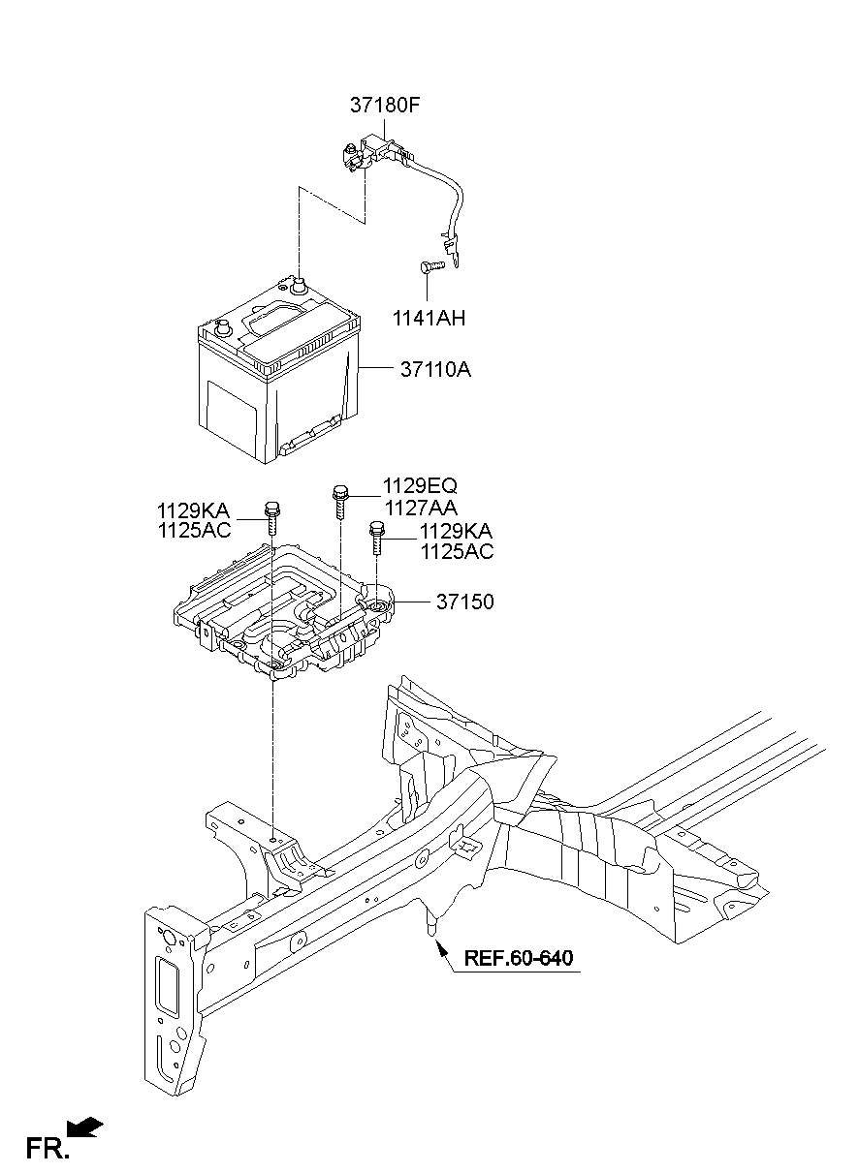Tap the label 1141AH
tap(429, 317)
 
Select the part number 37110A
tap(435, 370)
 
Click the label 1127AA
tap(420, 507)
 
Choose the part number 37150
tap(464, 602)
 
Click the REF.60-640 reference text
tap(519, 959)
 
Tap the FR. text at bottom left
tap(48, 1149)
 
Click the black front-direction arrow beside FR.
tap(87, 1127)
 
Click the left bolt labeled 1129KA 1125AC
tap(271, 515)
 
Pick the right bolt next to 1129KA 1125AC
tap(376, 537)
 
